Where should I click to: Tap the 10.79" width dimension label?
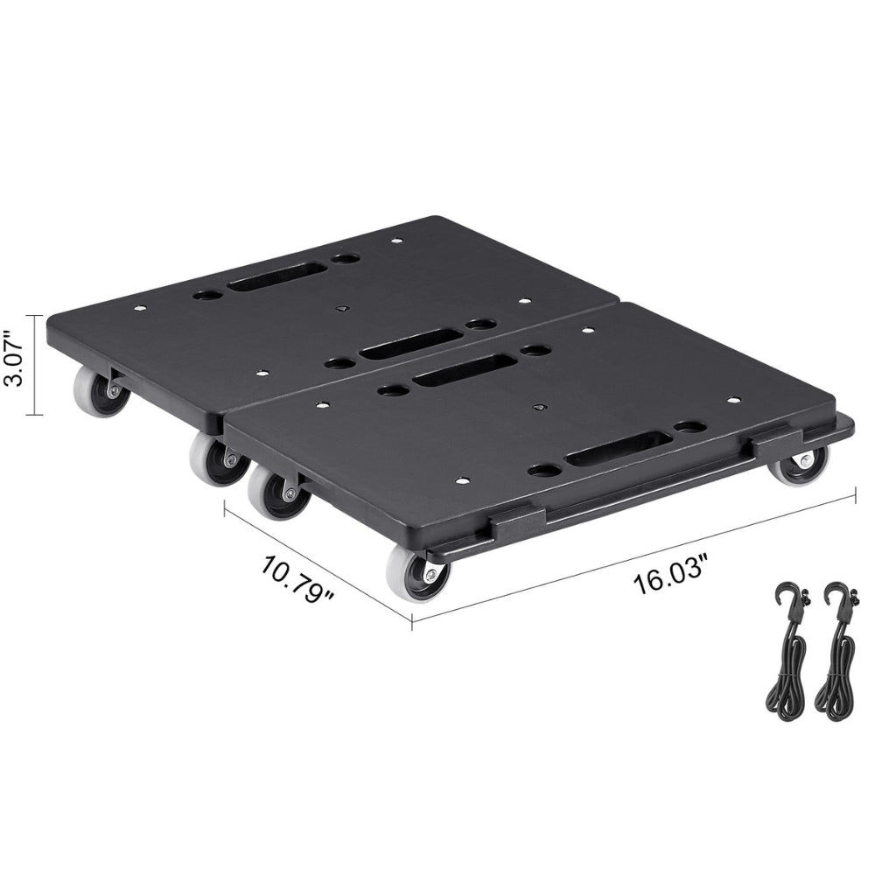point(298,579)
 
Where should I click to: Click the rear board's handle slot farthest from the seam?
point(263,280)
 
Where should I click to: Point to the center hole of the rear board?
point(342,308)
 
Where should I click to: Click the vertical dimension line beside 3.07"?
point(36,365)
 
